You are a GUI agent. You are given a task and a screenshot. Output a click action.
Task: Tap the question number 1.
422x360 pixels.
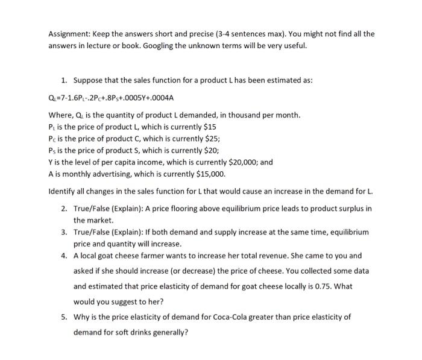(64, 80)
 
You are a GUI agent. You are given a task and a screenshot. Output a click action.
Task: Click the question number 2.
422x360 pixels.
(64, 208)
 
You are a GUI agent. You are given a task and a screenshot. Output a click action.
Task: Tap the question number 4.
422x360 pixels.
(64, 256)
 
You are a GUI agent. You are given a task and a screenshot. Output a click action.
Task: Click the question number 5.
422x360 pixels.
(64, 317)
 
